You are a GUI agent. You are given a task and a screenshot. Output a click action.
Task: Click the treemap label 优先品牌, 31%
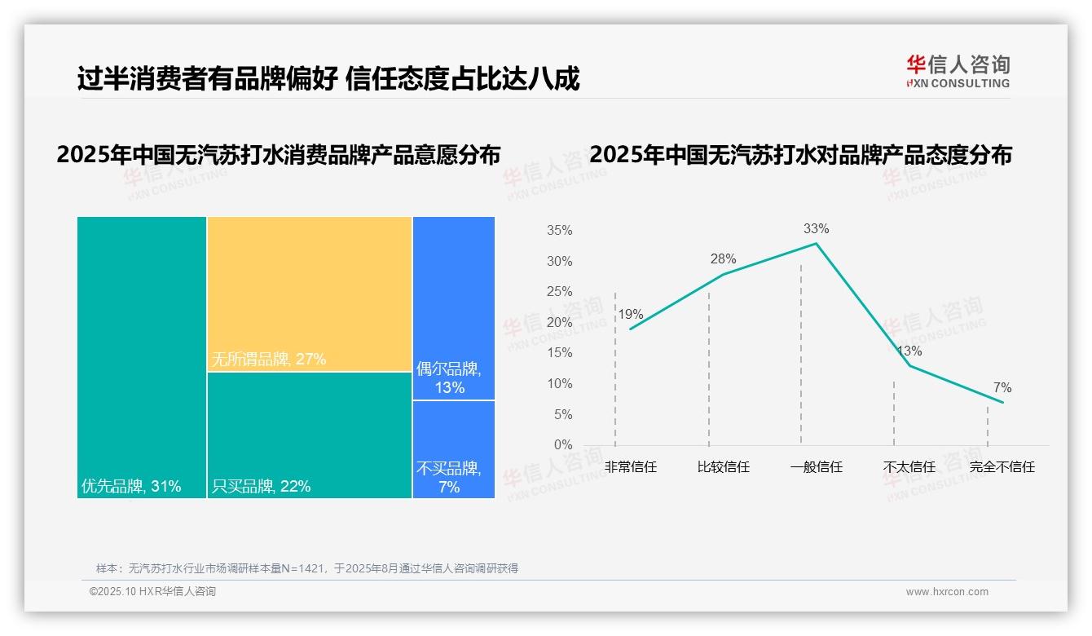[x=131, y=487]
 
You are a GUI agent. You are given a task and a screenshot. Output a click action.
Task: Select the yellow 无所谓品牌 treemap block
[x=309, y=294]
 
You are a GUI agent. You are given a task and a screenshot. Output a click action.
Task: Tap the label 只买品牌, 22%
[x=261, y=487]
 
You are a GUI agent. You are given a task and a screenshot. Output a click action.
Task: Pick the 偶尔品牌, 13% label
[x=449, y=378]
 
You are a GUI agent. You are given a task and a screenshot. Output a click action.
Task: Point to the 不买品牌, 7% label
[x=449, y=478]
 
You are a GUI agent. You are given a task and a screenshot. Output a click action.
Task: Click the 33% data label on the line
[x=816, y=229]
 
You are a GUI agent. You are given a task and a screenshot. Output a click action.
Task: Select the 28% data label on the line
[x=723, y=259]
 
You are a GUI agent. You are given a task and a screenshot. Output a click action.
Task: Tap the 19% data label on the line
[x=630, y=315]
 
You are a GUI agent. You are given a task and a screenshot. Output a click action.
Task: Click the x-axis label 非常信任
[x=630, y=467]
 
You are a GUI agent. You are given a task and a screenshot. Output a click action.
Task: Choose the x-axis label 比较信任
[x=723, y=467]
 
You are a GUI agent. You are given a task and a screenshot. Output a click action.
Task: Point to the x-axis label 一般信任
[x=816, y=467]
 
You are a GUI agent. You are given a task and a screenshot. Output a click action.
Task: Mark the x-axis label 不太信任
[x=909, y=467]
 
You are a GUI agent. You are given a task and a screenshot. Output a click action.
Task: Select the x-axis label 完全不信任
[x=1002, y=467]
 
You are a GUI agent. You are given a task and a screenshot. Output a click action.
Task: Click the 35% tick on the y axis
[x=560, y=231]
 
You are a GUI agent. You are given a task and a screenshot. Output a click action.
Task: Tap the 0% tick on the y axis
[x=563, y=445]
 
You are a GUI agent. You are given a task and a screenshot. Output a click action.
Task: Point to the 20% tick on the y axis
[x=560, y=323]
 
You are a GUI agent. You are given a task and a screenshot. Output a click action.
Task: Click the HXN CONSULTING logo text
[x=958, y=83]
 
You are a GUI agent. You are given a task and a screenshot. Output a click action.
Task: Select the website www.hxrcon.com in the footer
[x=947, y=592]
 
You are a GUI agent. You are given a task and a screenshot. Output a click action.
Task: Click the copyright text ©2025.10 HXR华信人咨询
[x=152, y=592]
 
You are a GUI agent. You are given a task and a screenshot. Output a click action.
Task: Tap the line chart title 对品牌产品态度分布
[x=800, y=155]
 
